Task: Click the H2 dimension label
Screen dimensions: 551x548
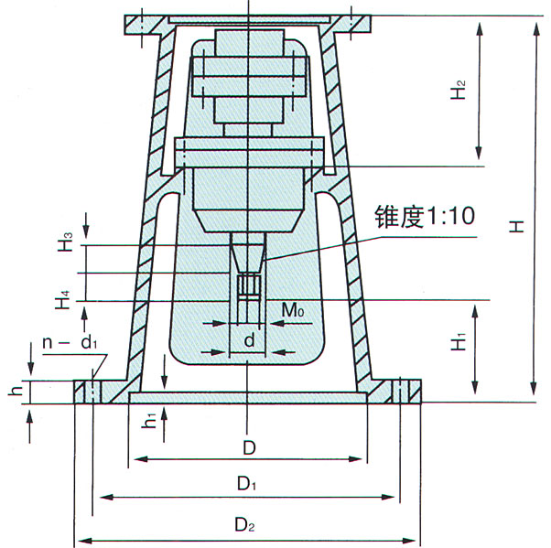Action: click(x=459, y=90)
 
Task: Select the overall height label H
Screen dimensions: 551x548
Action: click(x=516, y=227)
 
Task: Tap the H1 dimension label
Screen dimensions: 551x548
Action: click(x=459, y=340)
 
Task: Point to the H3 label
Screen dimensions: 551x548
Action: click(x=65, y=242)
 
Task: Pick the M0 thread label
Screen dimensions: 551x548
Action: click(x=293, y=310)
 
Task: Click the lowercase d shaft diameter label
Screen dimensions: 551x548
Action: click(x=249, y=340)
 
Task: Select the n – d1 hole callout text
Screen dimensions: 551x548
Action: click(x=70, y=342)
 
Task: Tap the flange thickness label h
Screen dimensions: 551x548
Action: click(x=15, y=390)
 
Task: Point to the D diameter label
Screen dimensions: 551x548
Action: click(x=249, y=448)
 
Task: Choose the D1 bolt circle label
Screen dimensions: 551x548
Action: click(x=247, y=484)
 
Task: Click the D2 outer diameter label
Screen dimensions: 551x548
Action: click(x=245, y=525)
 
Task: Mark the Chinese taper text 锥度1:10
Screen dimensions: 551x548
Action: click(x=425, y=216)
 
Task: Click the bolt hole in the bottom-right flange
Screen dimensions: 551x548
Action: click(x=401, y=392)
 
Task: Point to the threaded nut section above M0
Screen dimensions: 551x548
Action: click(x=249, y=286)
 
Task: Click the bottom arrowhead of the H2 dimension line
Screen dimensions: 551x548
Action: click(x=479, y=153)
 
